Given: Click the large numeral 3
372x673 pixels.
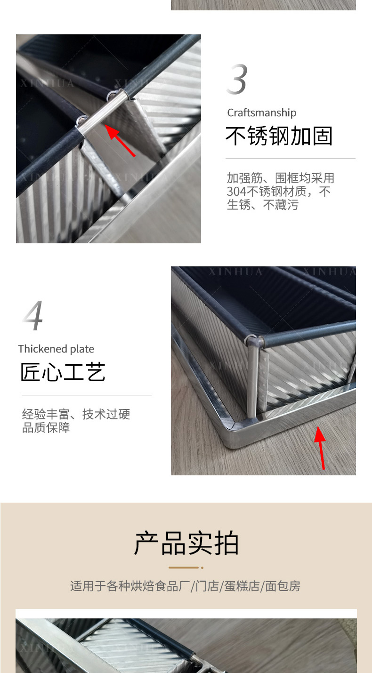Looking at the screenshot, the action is pyautogui.click(x=237, y=79).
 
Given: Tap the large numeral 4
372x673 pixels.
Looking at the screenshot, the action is pyautogui.click(x=33, y=315).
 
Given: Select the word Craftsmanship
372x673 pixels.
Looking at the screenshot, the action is pyautogui.click(x=262, y=113).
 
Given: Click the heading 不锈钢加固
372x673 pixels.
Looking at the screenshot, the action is pyautogui.click(x=279, y=136).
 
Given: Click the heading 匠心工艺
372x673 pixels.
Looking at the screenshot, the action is pyautogui.click(x=63, y=372).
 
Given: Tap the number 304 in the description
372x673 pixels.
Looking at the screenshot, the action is pyautogui.click(x=236, y=192).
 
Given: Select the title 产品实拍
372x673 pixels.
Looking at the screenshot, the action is pyautogui.click(x=186, y=543).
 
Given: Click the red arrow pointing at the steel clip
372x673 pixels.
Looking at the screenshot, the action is pyautogui.click(x=120, y=140).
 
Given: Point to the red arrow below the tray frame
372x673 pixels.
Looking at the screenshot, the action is pyautogui.click(x=321, y=448).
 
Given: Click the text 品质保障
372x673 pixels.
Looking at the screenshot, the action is pyautogui.click(x=46, y=427).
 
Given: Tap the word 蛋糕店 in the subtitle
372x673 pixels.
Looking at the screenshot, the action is pyautogui.click(x=242, y=586).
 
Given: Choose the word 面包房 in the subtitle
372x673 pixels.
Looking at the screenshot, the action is pyautogui.click(x=283, y=586).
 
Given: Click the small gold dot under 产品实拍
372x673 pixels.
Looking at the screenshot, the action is pyautogui.click(x=202, y=568).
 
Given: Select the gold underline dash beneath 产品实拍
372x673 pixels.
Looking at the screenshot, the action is pyautogui.click(x=184, y=568).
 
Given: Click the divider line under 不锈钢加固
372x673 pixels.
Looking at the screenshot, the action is pyautogui.click(x=291, y=159).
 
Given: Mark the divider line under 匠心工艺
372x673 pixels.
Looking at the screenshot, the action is pyautogui.click(x=87, y=395).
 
